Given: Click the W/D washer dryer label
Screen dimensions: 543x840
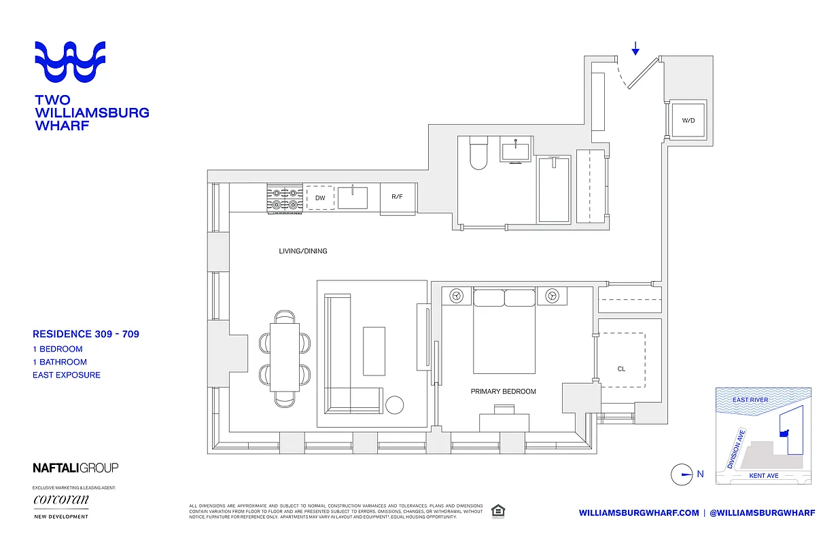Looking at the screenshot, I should pos(688,121).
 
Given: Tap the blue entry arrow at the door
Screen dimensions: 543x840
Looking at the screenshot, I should pos(635,48).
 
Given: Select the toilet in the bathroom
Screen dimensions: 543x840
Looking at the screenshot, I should pos(478,153).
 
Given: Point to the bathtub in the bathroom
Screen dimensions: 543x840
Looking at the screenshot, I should pos(554,189).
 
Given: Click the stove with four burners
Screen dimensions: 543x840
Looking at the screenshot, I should pos(285,198).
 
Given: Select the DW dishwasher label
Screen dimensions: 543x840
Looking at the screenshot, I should pos(319,198).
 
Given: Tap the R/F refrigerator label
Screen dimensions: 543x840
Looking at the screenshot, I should pos(397,198).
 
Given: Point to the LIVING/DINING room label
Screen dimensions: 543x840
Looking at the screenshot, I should pos(302,251).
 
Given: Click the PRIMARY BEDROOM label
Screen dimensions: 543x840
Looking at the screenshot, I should pos(503,392).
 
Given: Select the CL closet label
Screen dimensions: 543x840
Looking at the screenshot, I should pos(621,369).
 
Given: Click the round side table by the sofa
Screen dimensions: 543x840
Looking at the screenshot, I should pos(395,405).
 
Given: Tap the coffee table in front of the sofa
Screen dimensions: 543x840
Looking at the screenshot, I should pos(373,350).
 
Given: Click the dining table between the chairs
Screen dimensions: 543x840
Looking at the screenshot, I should pos(285,356).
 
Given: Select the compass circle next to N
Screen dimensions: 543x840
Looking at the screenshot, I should pos(681,474).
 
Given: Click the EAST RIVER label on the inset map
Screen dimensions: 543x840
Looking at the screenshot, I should pos(750,400).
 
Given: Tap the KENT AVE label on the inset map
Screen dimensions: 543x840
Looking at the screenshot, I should pos(763,476).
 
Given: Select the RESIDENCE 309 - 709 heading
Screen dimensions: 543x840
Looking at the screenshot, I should pos(86,334).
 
